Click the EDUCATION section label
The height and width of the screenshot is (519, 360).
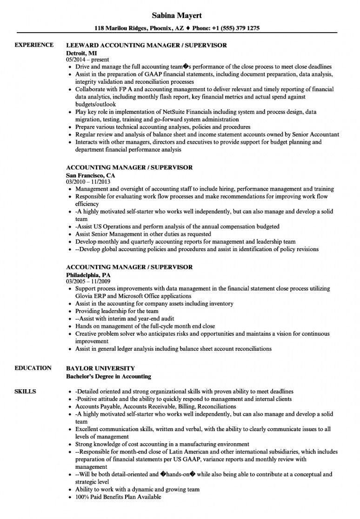click(x=33, y=368)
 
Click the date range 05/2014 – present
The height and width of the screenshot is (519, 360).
click(x=88, y=60)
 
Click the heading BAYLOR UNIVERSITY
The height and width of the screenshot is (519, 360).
click(x=100, y=368)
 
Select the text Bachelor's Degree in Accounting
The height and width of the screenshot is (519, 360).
click(x=108, y=376)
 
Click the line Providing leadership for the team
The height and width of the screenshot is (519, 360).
click(x=117, y=311)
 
